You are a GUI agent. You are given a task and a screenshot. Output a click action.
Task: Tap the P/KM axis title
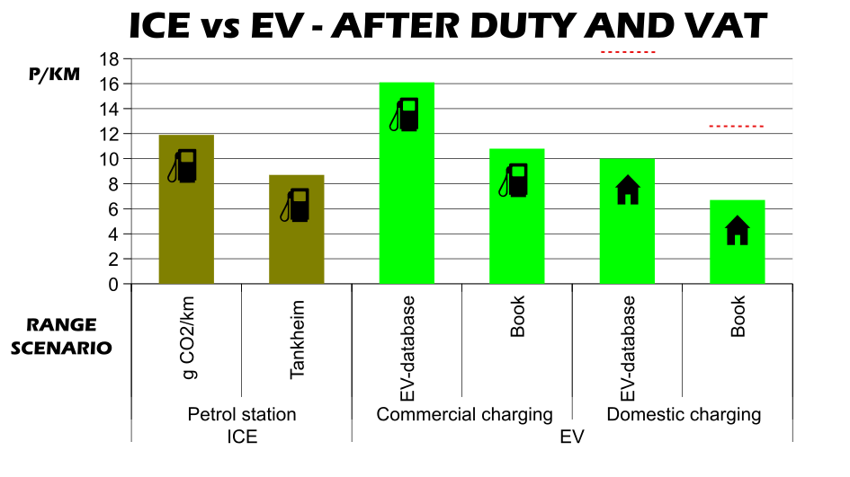click(54, 75)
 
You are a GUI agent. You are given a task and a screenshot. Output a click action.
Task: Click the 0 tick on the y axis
click(112, 285)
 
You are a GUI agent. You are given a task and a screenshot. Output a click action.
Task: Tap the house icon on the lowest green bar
click(738, 231)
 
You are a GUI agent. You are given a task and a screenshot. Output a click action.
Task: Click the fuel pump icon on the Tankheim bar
click(299, 206)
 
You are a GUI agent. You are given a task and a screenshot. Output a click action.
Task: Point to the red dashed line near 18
click(628, 53)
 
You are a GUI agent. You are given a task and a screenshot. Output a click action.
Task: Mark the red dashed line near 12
click(737, 127)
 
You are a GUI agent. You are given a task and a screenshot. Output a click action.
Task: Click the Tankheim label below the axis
click(297, 340)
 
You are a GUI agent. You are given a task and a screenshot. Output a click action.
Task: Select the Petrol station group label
click(241, 415)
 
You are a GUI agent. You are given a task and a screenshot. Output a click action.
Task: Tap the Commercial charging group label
click(464, 415)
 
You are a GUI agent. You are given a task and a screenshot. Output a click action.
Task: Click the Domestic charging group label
click(684, 415)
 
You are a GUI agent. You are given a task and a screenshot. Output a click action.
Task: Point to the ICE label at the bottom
click(241, 437)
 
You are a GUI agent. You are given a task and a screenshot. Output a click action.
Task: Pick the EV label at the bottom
click(572, 437)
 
